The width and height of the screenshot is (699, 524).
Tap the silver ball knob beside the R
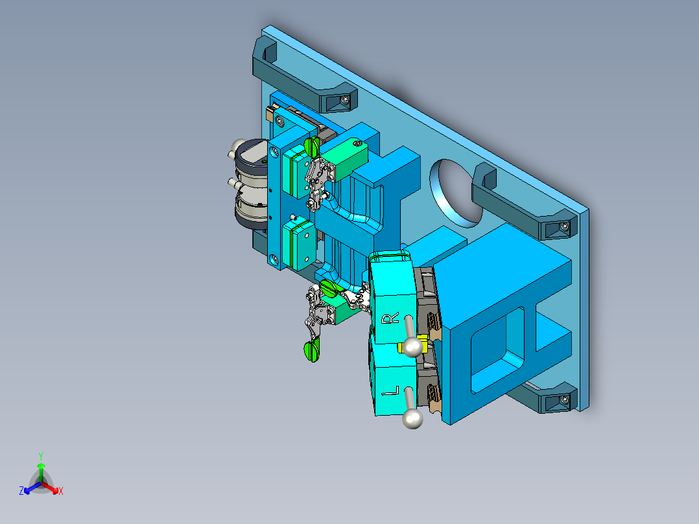coord(411,347)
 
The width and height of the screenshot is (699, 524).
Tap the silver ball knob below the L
coord(412,420)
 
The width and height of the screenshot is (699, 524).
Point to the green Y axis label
coord(41,455)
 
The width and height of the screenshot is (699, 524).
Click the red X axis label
coord(60,491)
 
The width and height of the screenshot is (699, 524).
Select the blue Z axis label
coord(21,491)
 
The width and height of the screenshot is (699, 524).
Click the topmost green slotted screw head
coord(312,146)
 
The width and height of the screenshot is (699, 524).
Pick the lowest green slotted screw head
coord(312,351)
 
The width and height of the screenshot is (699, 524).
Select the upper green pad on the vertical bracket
coord(298,172)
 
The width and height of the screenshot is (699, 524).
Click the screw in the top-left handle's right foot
coord(346,101)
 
